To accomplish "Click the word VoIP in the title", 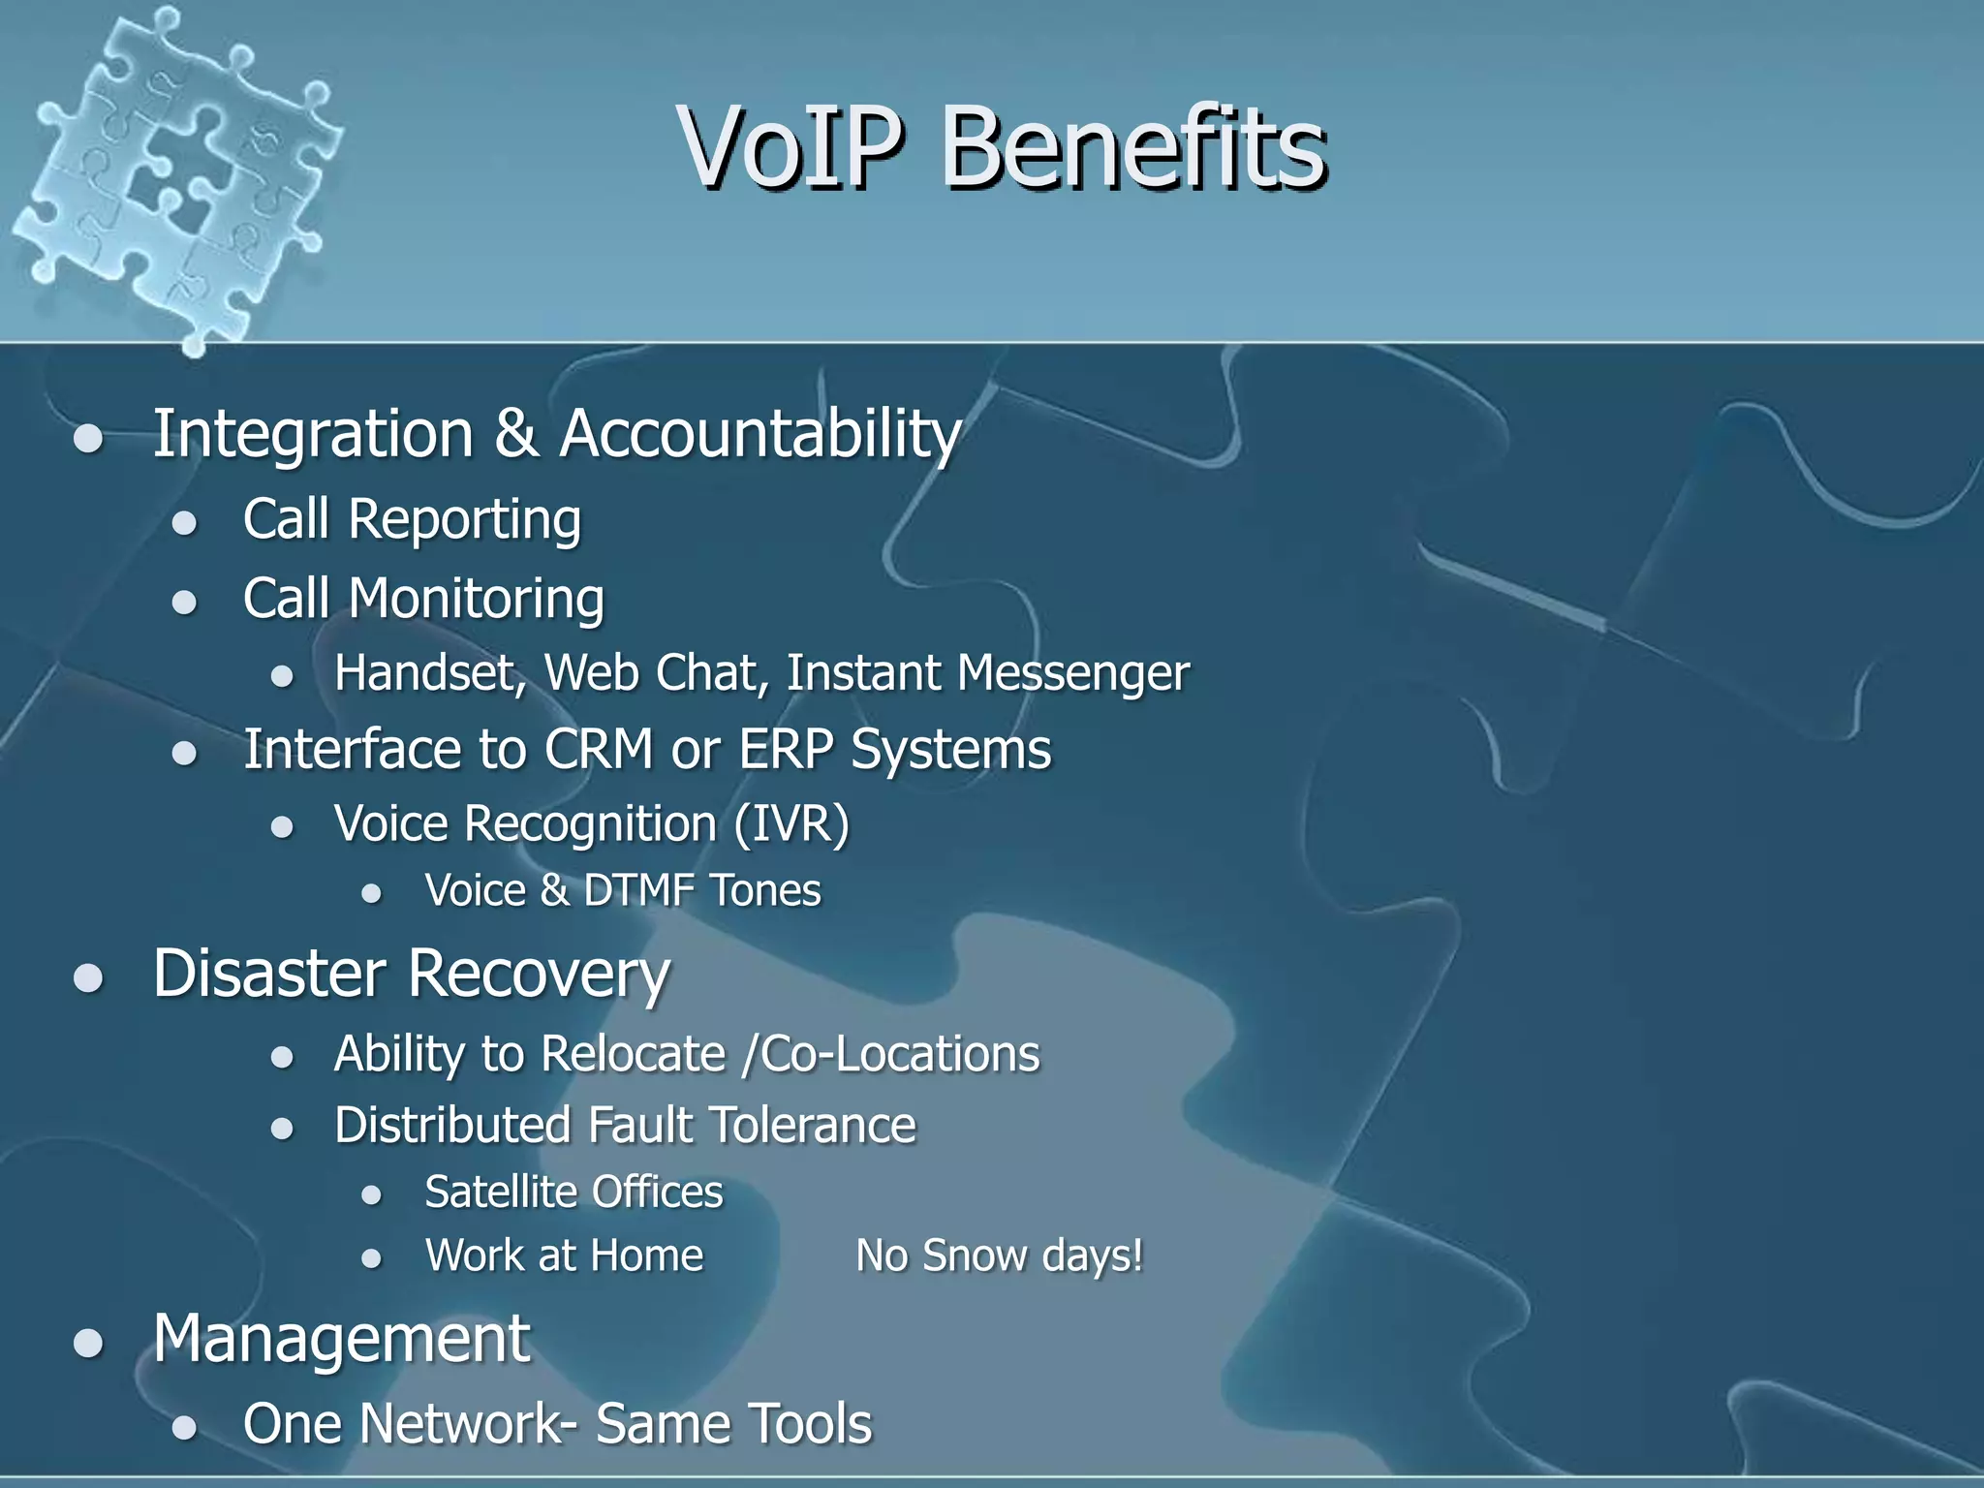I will (792, 147).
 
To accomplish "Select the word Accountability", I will (759, 434).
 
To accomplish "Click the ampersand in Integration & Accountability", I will (515, 434).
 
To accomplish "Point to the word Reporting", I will (464, 521).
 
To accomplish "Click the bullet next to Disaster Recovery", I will (88, 977).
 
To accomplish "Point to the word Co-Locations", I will (900, 1054).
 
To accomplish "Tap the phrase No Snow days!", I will (999, 1256).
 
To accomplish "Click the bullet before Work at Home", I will (371, 1258).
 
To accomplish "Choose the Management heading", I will (341, 1340).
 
